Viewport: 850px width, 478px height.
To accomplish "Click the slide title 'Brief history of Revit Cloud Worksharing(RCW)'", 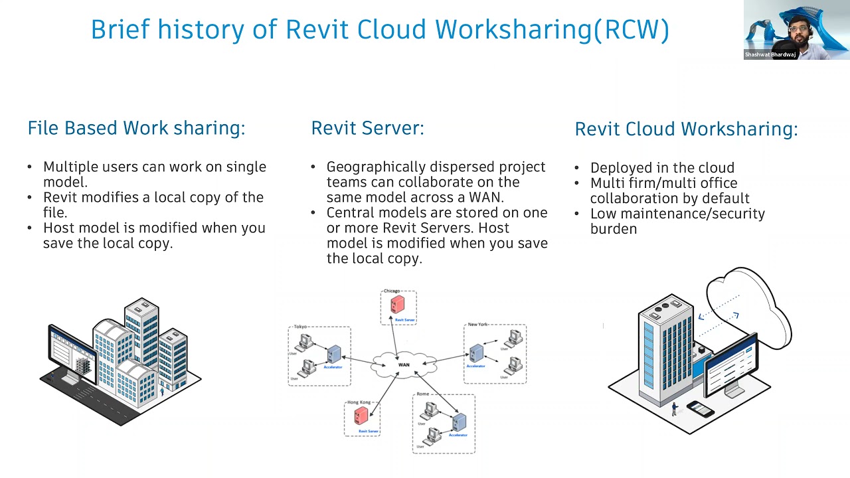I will (x=380, y=30).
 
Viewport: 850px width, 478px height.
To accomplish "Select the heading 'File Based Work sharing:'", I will (x=136, y=127).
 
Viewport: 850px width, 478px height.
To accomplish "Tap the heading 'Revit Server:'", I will (x=367, y=127).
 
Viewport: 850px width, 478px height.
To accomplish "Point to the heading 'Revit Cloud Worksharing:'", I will (x=686, y=129).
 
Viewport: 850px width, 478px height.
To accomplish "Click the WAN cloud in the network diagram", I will (x=404, y=364).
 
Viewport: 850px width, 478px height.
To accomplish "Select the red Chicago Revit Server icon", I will (x=398, y=305).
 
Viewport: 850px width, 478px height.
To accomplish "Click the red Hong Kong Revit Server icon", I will (x=361, y=416).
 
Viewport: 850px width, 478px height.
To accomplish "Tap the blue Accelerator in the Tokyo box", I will (x=333, y=355).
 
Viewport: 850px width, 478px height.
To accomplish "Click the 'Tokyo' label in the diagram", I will (x=300, y=327).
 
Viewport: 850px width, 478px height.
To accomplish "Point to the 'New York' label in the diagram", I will (x=477, y=325).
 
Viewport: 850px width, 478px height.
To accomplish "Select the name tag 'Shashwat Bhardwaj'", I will (x=770, y=55).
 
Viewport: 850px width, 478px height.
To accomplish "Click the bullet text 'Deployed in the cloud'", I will (x=661, y=168).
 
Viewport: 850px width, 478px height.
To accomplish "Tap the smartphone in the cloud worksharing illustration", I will (x=700, y=408).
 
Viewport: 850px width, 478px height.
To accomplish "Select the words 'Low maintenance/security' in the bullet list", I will (x=677, y=214).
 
